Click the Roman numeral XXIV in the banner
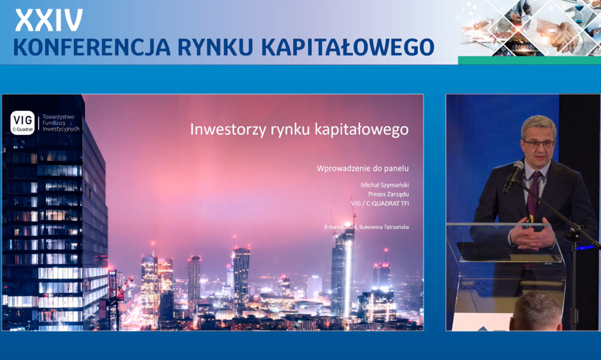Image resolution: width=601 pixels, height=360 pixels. point(49,20)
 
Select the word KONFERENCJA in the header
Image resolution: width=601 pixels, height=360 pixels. point(91,47)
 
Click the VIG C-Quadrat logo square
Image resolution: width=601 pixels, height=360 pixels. point(23,123)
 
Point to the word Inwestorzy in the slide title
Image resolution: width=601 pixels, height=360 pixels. point(228,129)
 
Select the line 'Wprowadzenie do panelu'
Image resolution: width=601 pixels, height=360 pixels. point(363,169)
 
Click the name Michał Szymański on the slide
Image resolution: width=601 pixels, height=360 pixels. point(384,185)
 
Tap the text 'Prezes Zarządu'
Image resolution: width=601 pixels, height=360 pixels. point(388,194)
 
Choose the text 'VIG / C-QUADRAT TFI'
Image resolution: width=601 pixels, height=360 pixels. point(380,203)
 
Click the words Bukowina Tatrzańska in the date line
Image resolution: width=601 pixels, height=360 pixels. point(384,227)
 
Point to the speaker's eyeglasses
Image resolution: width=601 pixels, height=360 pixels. point(538,144)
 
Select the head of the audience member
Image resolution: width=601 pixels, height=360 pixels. point(537,311)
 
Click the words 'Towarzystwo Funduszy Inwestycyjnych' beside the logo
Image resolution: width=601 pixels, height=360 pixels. point(61,123)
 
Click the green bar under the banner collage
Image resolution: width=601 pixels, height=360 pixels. point(529,60)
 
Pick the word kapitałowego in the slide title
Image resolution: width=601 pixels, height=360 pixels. point(361,129)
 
